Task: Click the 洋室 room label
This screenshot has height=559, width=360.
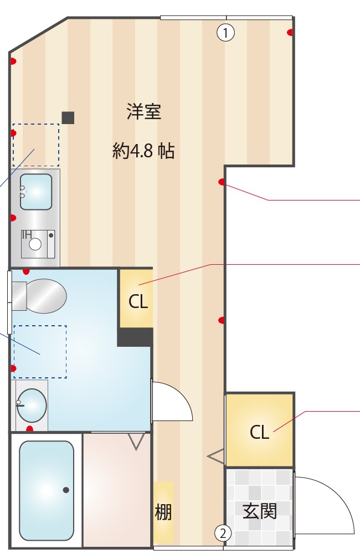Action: (x=144, y=112)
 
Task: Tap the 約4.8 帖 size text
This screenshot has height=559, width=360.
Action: (x=143, y=151)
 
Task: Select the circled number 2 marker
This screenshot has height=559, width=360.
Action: (x=223, y=534)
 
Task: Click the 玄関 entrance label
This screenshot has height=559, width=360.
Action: (x=260, y=510)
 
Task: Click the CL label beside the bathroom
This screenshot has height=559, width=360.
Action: (x=138, y=302)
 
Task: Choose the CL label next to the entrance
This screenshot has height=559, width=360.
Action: (x=259, y=432)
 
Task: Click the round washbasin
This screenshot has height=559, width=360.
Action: (x=32, y=404)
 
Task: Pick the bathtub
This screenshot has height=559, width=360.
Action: (x=47, y=490)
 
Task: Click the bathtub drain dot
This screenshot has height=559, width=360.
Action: (x=66, y=490)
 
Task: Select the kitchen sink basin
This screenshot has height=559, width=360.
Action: (x=36, y=192)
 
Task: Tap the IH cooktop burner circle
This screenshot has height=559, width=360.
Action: (x=35, y=244)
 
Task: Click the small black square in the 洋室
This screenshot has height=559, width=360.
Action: (x=68, y=117)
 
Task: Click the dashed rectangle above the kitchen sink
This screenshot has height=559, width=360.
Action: (x=36, y=145)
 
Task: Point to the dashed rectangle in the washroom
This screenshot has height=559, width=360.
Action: (x=40, y=352)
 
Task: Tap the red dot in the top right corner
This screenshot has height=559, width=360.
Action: (x=290, y=32)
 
